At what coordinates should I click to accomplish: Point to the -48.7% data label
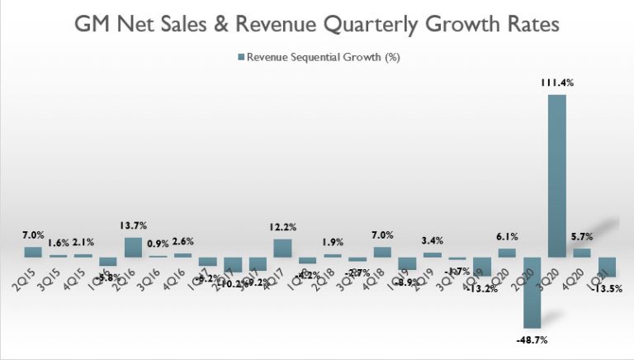point(531,339)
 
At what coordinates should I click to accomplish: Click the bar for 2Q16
point(132,247)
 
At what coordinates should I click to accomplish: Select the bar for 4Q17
point(282,248)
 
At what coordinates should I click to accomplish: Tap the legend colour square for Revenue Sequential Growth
point(241,57)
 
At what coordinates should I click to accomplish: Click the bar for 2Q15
point(33,252)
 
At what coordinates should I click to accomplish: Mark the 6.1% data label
point(507,238)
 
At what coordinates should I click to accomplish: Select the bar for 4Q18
point(382,252)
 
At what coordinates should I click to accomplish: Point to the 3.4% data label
point(432,242)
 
